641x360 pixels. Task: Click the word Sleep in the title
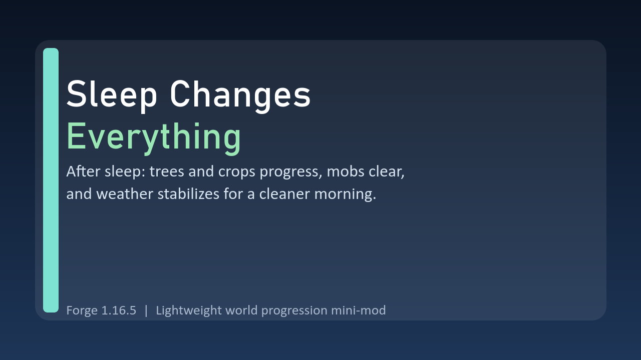coord(112,95)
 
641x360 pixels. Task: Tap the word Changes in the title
coord(240,95)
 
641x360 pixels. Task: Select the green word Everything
coord(154,137)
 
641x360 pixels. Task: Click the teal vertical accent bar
coord(51,180)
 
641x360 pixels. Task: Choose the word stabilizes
coord(188,193)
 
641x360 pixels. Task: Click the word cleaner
coord(284,193)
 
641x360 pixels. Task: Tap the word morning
coord(345,194)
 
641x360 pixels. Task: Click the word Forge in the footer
coord(82,310)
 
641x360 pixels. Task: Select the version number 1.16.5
coord(119,310)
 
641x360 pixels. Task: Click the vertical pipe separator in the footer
coord(146,310)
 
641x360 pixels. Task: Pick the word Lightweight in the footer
coord(189,310)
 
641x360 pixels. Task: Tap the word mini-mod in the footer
coord(358,310)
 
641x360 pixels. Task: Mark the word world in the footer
coord(241,310)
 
